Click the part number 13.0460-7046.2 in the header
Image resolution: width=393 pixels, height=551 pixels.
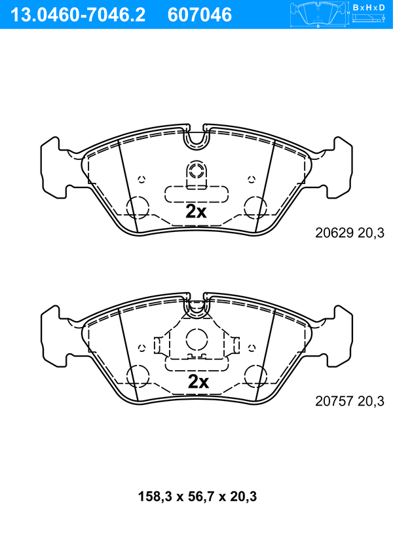pyautogui.click(x=78, y=15)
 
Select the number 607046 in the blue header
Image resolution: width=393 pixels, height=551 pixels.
pyautogui.click(x=200, y=15)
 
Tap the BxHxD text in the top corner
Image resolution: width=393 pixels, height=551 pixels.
pyautogui.click(x=369, y=7)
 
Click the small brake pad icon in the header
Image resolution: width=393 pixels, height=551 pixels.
pyautogui.click(x=318, y=14)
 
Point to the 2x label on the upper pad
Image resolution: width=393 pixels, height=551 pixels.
pyautogui.click(x=196, y=212)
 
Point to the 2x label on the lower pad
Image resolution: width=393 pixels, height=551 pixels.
pyautogui.click(x=198, y=381)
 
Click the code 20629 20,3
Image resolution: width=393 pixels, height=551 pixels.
pyautogui.click(x=350, y=233)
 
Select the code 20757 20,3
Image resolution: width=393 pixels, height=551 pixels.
pyautogui.click(x=350, y=401)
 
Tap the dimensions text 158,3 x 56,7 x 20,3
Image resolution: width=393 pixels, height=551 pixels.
pyautogui.click(x=197, y=497)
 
